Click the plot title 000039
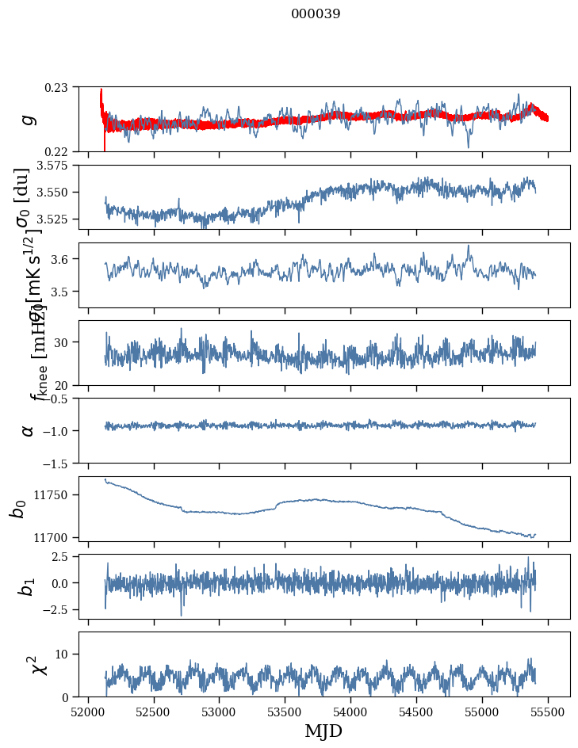(316, 14)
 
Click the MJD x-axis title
(323, 731)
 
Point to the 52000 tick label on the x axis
(88, 711)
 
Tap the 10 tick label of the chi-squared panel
(64, 654)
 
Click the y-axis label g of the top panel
(29, 119)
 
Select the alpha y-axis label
(29, 429)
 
